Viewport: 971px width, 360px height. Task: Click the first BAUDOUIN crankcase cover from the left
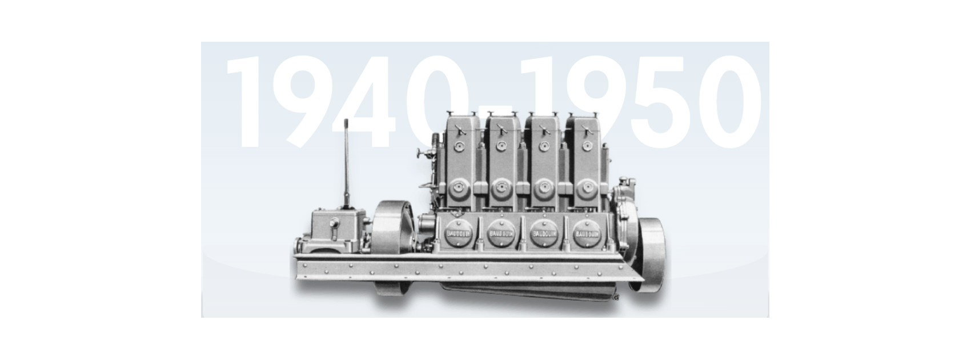tap(459, 234)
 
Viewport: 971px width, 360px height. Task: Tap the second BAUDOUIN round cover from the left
tap(501, 234)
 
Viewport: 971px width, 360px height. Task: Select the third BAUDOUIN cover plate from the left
tap(544, 234)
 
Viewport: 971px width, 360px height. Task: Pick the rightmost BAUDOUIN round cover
tap(587, 234)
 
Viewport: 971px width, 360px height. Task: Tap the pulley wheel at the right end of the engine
tap(650, 254)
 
